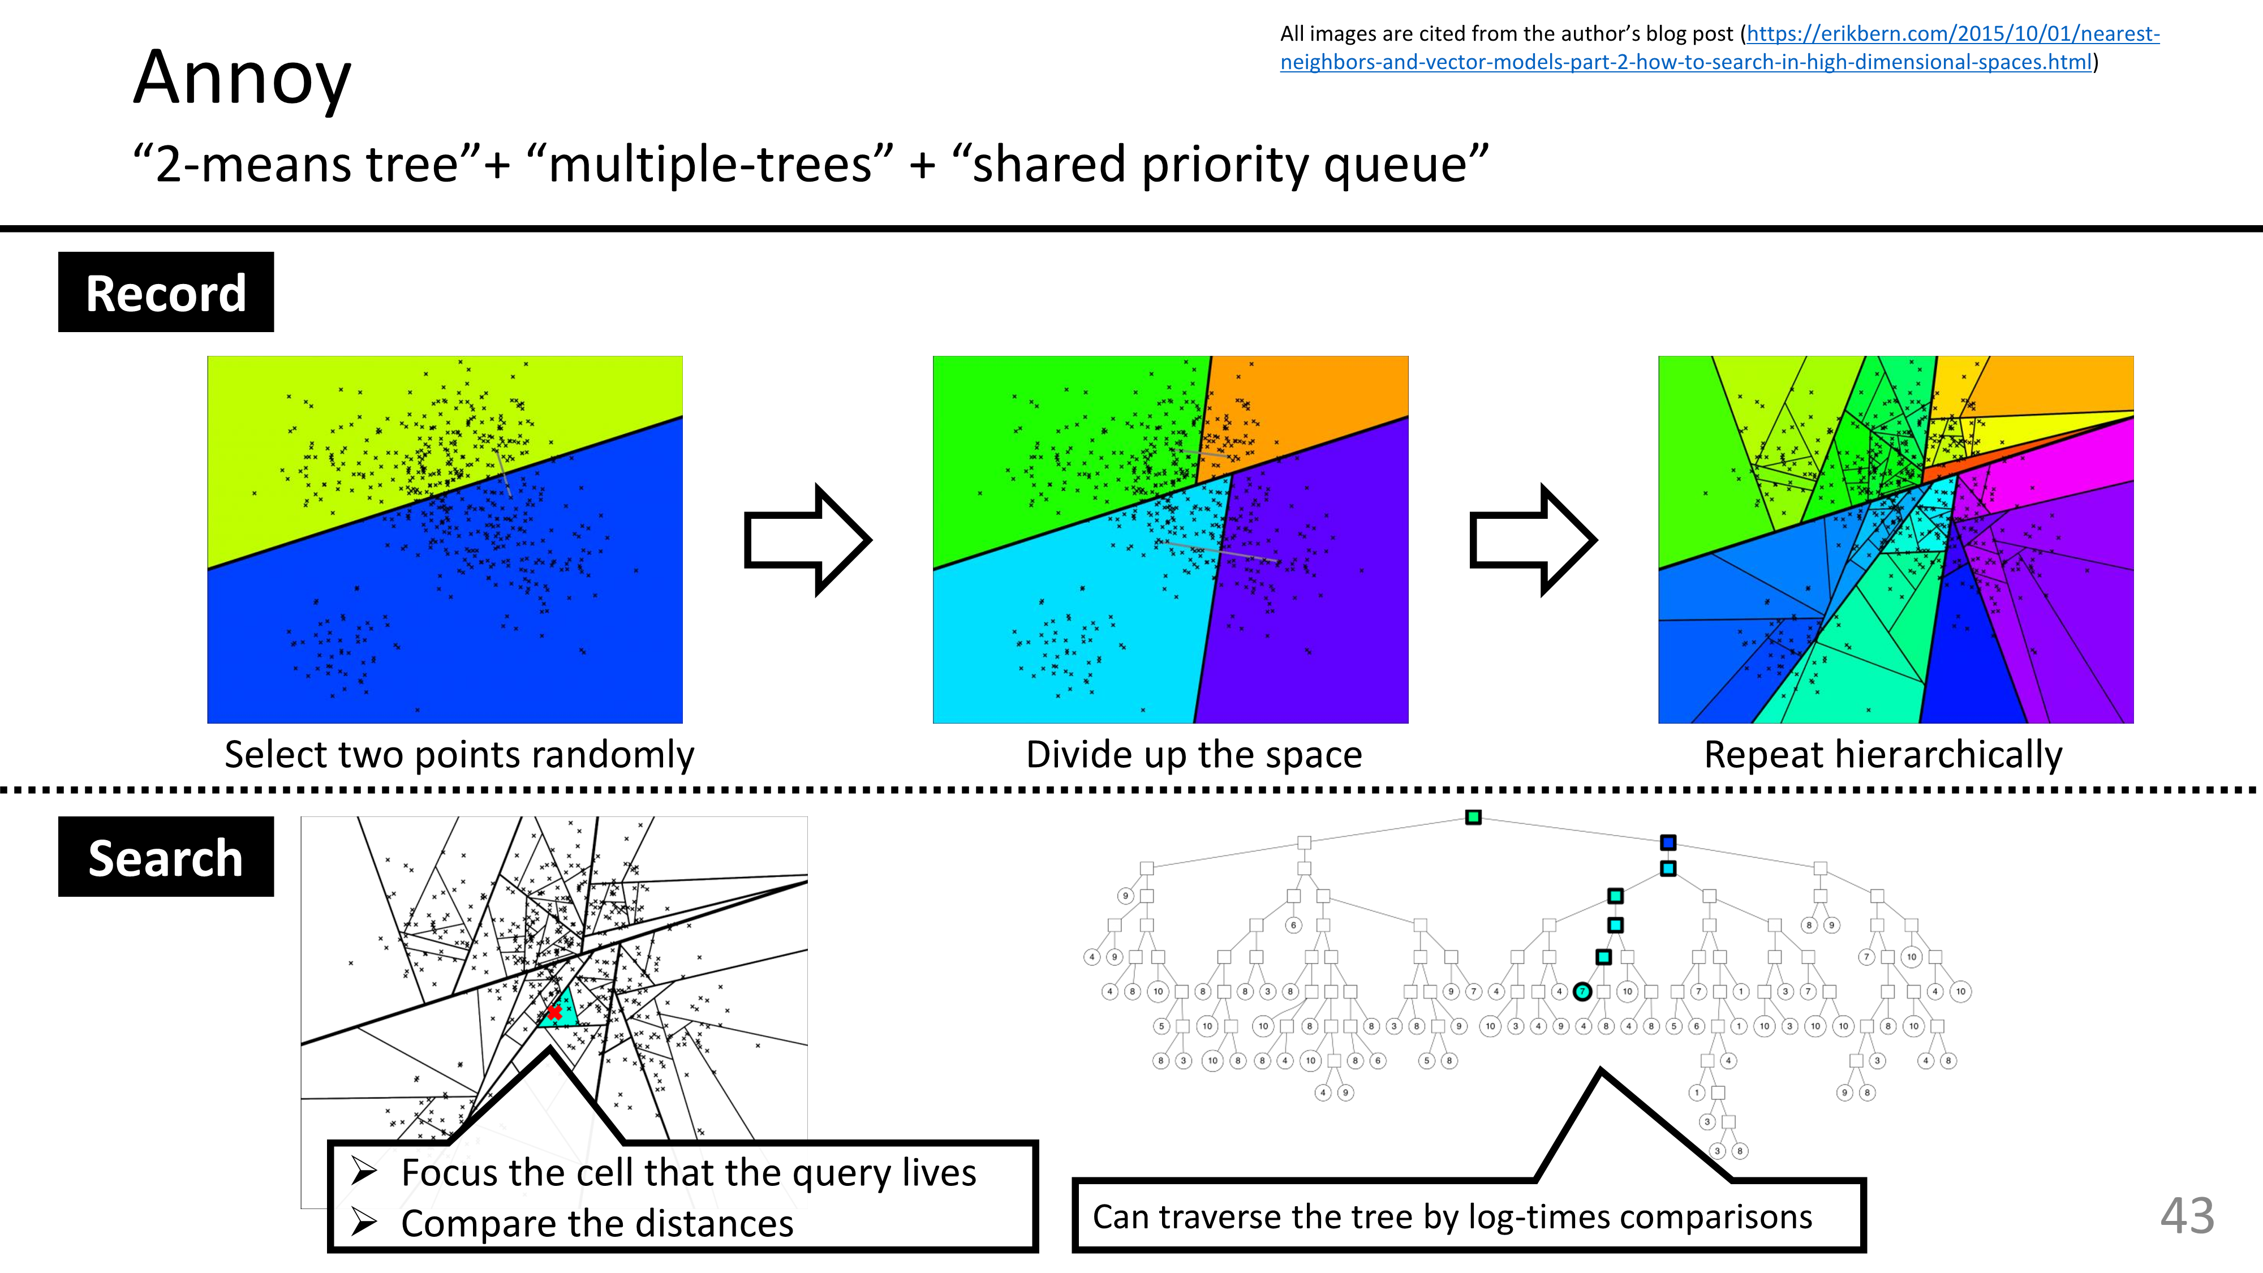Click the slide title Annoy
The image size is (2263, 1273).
click(x=243, y=79)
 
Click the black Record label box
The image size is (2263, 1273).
click(x=166, y=293)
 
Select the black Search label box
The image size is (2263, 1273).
click(x=166, y=858)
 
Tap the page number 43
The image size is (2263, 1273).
click(x=2187, y=1216)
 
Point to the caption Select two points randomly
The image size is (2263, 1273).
click(x=459, y=755)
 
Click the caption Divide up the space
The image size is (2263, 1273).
click(x=1194, y=755)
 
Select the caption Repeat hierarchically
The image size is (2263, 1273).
click(x=1883, y=755)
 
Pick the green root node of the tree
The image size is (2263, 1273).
click(x=1473, y=817)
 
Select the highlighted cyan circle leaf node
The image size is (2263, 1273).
click(x=1582, y=992)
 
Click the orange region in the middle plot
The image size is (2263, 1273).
click(x=1318, y=395)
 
